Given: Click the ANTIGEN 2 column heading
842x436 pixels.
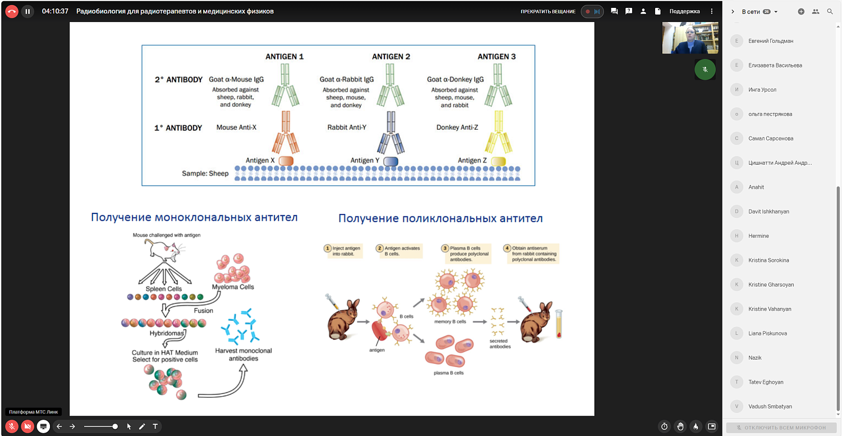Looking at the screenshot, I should (391, 57).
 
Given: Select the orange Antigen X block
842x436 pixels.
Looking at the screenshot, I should (286, 161).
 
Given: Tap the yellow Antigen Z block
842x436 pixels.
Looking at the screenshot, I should (498, 161).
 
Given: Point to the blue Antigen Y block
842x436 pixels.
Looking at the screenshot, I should (391, 161).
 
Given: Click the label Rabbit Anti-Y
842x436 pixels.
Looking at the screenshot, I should (347, 128).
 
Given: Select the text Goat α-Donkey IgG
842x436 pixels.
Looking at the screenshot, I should (455, 80).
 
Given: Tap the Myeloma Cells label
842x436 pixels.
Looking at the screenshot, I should (233, 287).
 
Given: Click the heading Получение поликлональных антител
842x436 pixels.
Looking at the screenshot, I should (441, 218).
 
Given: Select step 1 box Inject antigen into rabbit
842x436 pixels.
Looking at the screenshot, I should (344, 251).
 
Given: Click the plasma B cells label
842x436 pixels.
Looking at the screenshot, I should (449, 373).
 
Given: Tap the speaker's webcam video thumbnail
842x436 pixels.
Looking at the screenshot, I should (690, 38).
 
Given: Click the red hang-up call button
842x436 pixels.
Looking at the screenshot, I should (12, 11).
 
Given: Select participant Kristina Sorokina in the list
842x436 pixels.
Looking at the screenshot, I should (768, 260).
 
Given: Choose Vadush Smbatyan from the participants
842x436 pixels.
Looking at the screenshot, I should (770, 406).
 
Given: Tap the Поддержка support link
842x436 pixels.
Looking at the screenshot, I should (684, 11).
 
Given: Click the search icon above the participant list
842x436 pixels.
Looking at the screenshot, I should (830, 11).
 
